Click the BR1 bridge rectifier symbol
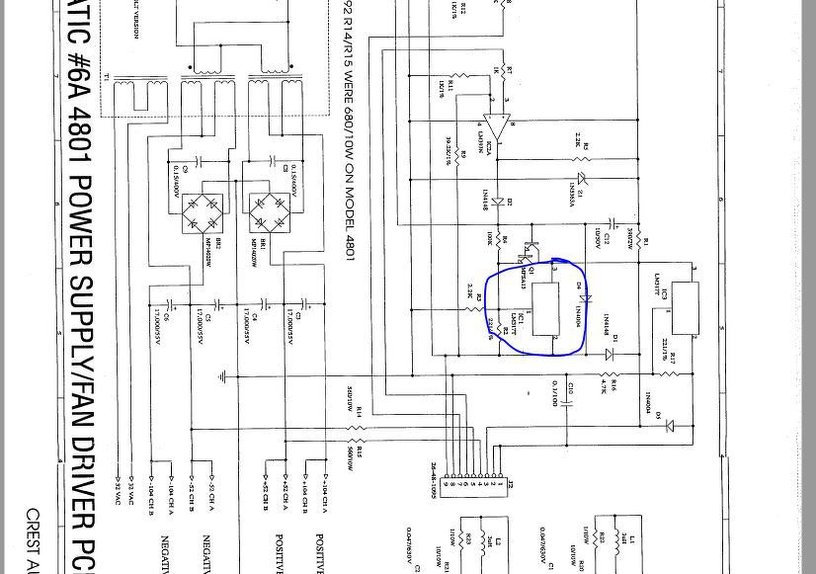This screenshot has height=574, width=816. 268,213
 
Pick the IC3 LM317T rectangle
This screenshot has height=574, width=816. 685,307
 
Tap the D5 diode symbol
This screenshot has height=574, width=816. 670,426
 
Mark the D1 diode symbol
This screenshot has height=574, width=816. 610,354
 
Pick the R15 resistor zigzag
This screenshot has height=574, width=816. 357,442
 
